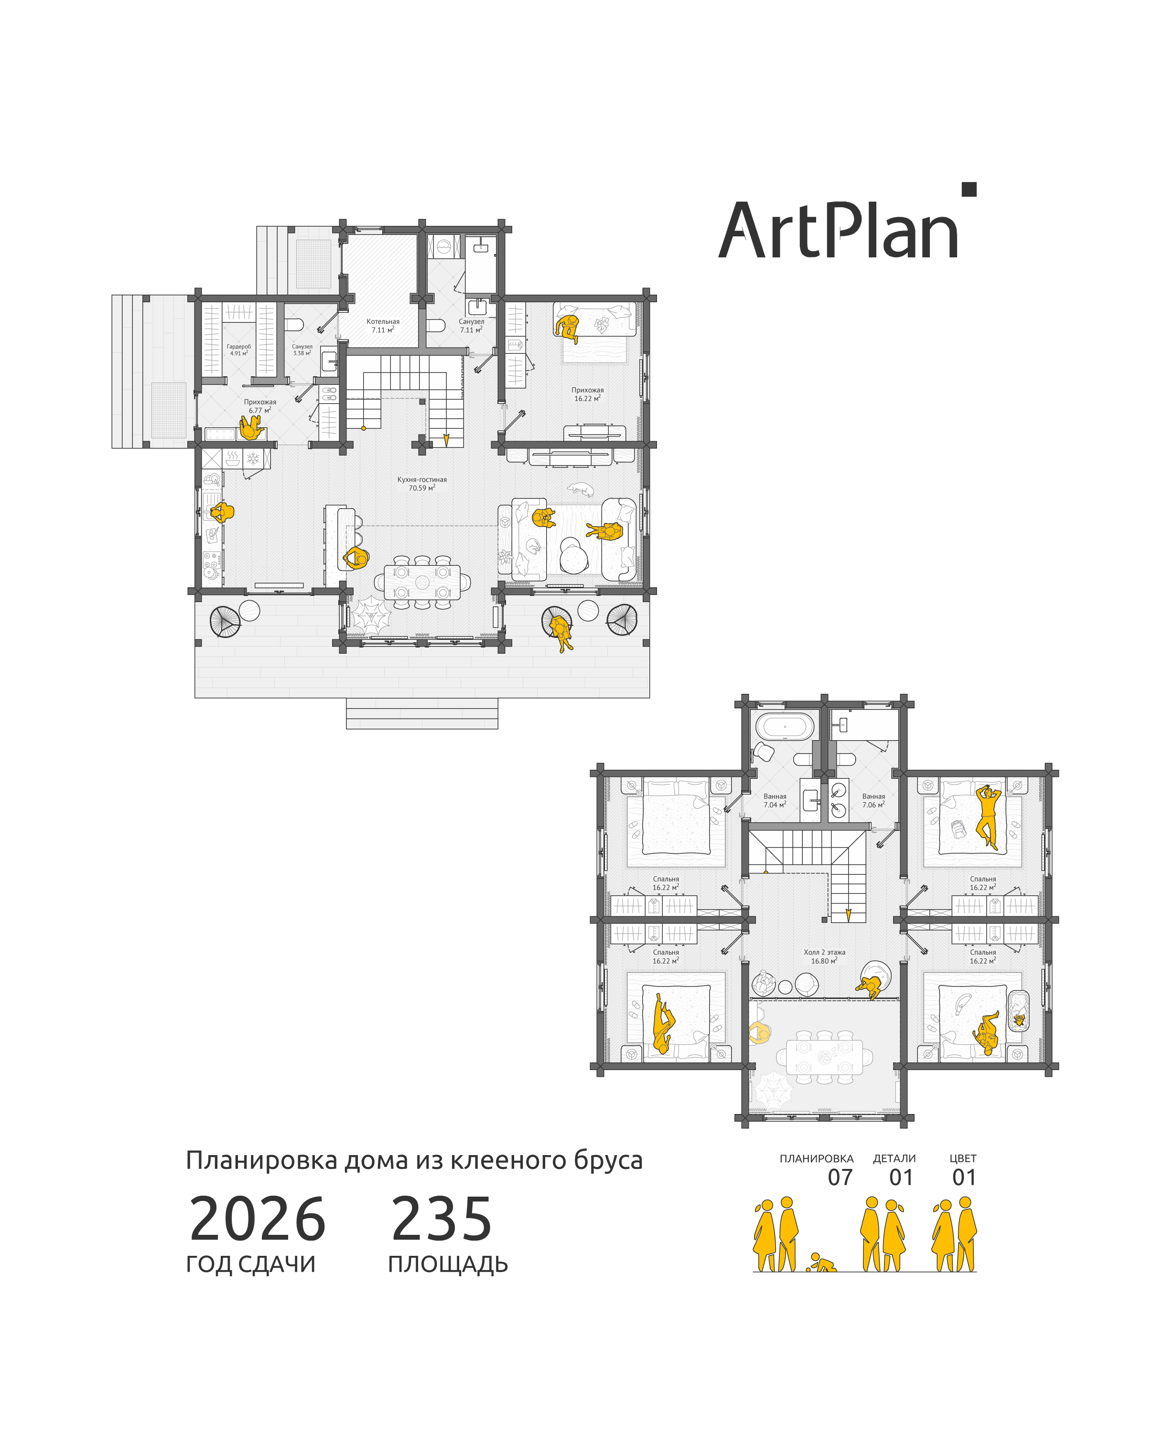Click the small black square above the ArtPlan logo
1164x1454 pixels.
tap(969, 190)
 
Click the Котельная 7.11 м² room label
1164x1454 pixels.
tap(383, 326)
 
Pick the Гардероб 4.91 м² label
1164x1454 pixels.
tap(239, 350)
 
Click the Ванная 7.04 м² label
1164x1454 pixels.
tap(775, 800)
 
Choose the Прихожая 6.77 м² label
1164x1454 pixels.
tap(260, 406)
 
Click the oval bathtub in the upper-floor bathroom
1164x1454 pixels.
tap(785, 727)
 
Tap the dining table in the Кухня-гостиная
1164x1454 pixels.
tap(422, 582)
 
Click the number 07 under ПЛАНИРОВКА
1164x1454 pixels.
tap(840, 1177)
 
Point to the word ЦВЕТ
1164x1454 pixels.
tap(963, 1158)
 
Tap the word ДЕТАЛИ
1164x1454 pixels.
tap(894, 1158)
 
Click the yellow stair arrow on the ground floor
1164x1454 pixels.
tap(446, 439)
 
